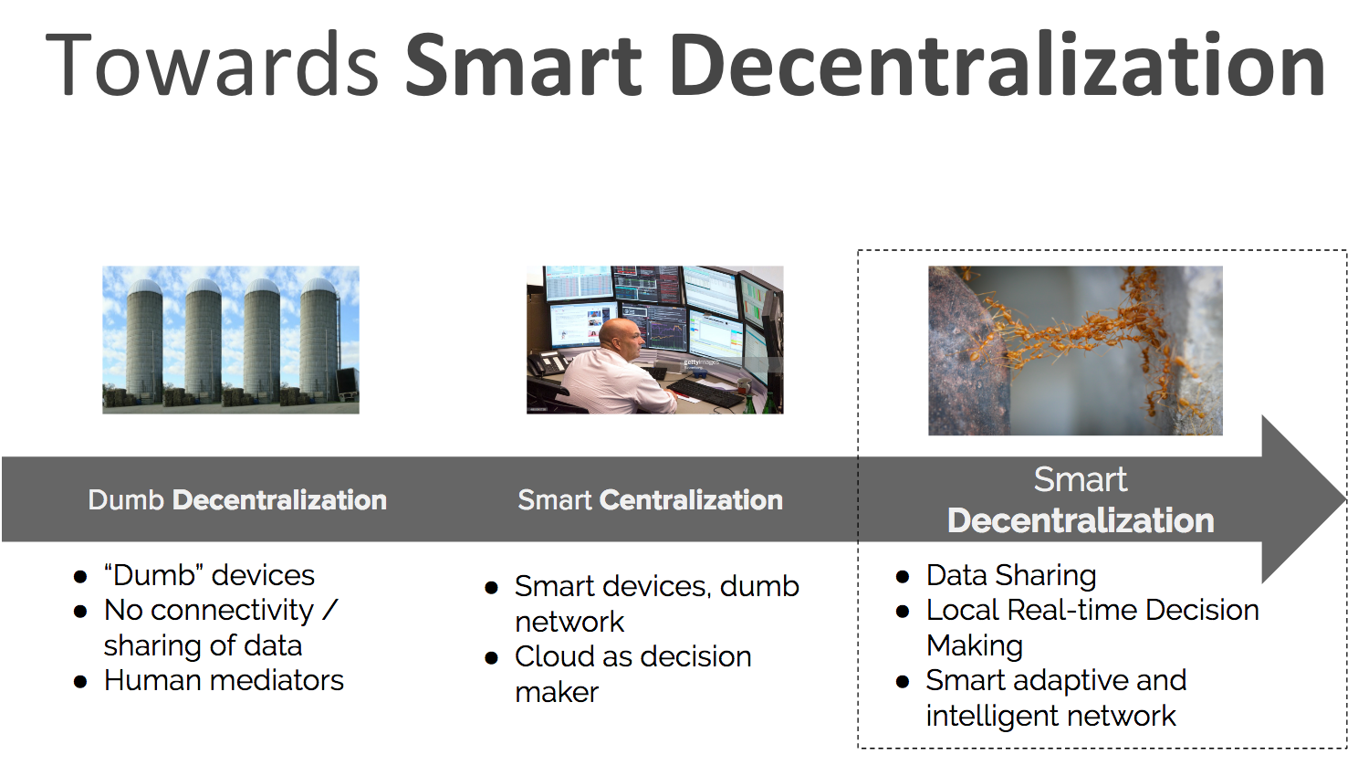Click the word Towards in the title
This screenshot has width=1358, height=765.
(212, 64)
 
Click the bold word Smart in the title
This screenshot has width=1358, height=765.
(524, 64)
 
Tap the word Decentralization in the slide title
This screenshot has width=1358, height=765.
(998, 64)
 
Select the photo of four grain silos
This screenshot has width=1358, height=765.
(230, 341)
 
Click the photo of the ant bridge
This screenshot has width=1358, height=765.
(1075, 351)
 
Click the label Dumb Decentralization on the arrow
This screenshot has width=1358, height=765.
(237, 500)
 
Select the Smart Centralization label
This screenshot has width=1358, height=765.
(650, 500)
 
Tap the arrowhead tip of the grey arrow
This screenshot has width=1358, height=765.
(1344, 499)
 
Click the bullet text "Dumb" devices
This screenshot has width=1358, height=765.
(209, 575)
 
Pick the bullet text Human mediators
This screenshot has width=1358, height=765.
(224, 681)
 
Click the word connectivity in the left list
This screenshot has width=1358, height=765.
(232, 611)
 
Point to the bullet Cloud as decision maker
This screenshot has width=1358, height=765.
(633, 674)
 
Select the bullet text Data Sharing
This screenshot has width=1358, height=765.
(1011, 576)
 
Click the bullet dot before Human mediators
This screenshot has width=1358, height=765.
(80, 682)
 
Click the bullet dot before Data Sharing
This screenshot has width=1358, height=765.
(902, 576)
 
